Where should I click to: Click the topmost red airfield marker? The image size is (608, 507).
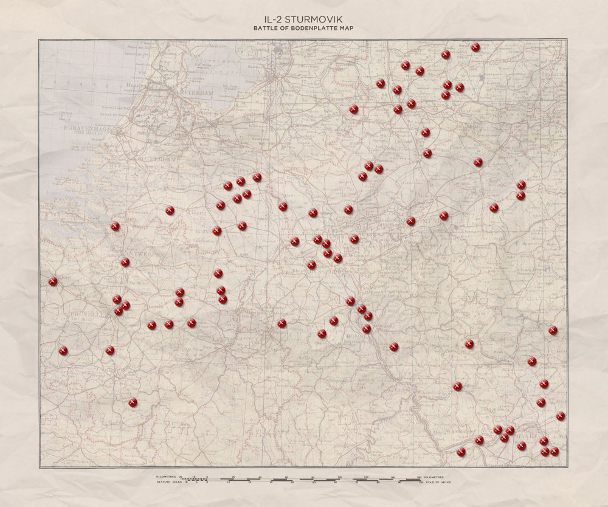(x=475, y=47)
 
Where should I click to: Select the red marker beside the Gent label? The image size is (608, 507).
(x=53, y=281)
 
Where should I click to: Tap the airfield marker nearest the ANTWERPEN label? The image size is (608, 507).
(x=125, y=262)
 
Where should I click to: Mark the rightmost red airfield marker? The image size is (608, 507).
(x=561, y=416)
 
